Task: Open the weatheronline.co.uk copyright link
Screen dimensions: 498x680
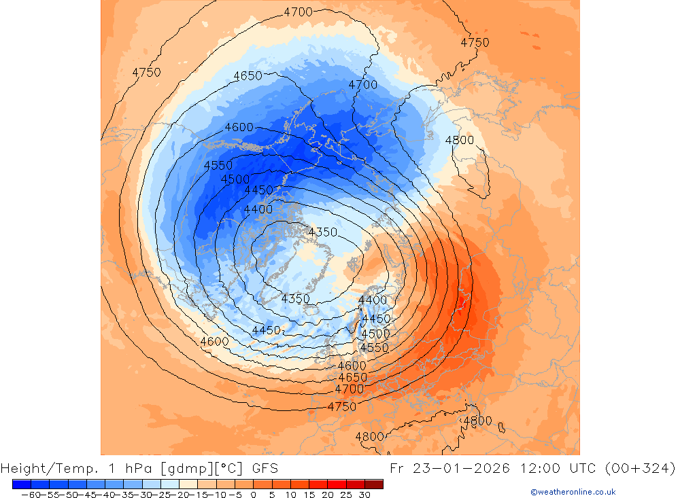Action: (x=573, y=492)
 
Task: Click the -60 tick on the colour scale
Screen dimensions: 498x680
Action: (x=29, y=495)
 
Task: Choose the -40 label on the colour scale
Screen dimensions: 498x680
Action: (x=104, y=495)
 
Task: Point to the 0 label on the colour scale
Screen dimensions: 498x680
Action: (x=253, y=495)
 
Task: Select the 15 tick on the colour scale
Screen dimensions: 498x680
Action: (x=308, y=495)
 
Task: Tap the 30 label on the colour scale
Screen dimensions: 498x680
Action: (x=364, y=495)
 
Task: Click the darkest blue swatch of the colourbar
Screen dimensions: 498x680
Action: (x=22, y=484)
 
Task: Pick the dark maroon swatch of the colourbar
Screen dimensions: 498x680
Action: (x=374, y=484)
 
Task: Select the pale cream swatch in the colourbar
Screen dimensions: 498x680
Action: (x=188, y=484)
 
